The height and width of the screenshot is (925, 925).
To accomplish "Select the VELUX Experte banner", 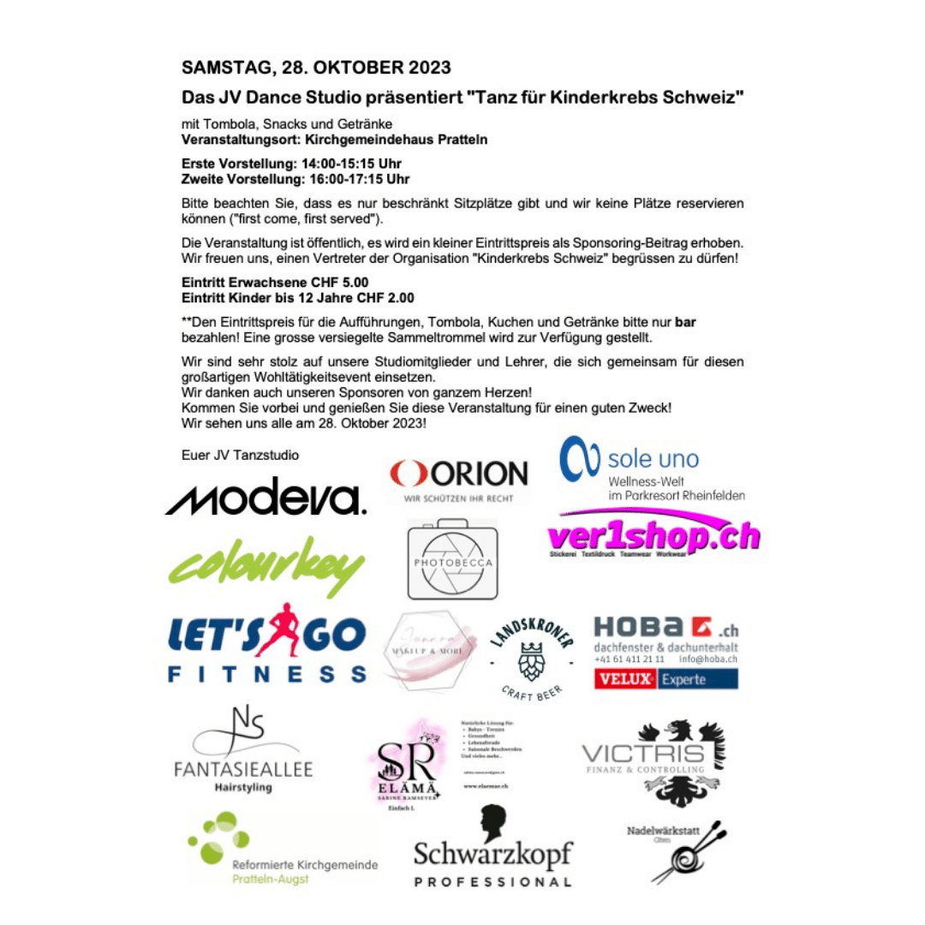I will (665, 680).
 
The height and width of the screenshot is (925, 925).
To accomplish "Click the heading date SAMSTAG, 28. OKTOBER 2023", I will (316, 68).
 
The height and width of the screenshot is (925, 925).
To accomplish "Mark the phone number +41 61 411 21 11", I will (629, 659).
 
